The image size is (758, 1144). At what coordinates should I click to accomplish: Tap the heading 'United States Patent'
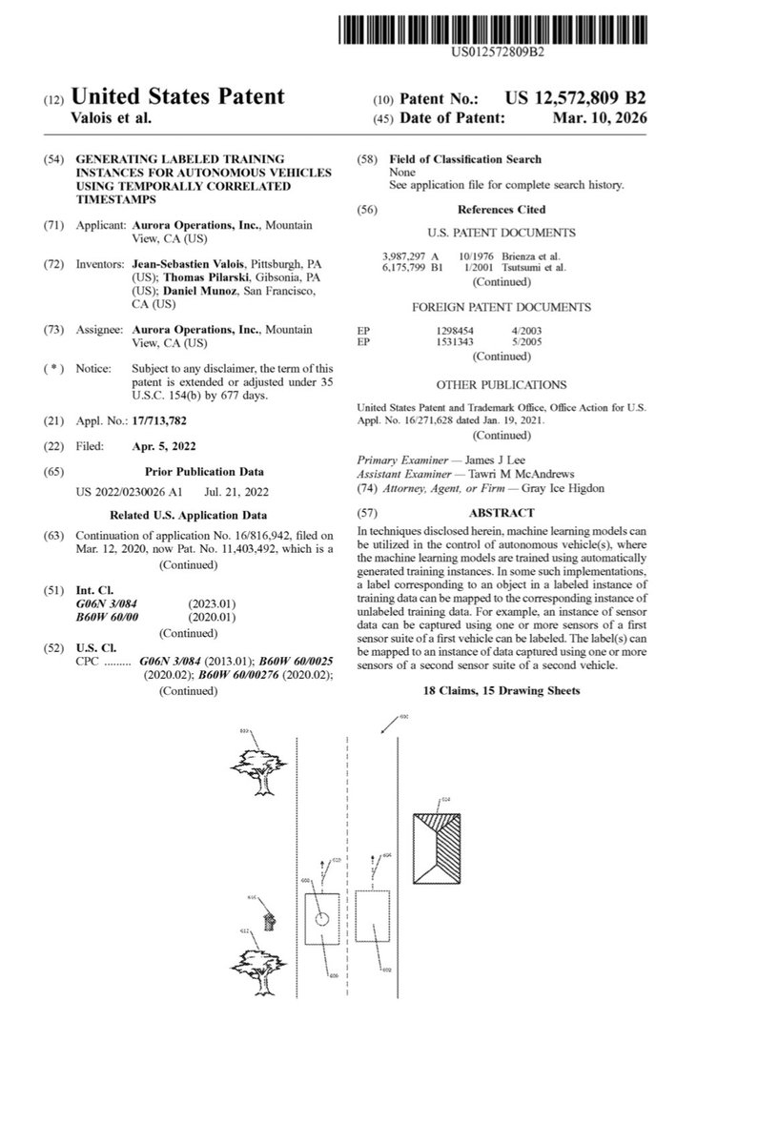pos(178,96)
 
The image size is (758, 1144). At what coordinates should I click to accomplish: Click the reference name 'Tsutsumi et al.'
pos(540,268)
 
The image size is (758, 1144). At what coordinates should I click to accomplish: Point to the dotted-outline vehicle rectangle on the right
pos(372,929)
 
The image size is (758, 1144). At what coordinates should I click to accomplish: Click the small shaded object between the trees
pos(271,918)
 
